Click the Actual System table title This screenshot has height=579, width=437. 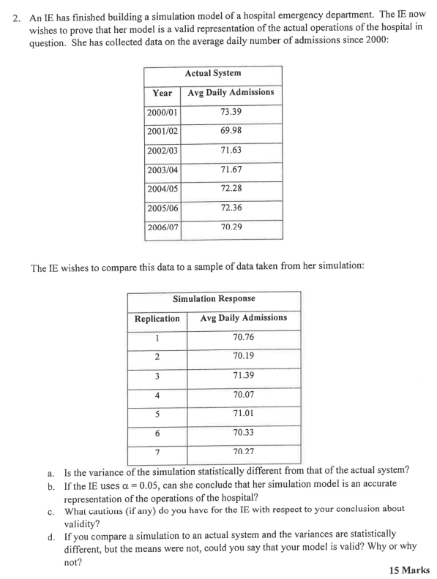tap(213, 73)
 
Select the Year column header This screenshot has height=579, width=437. tap(162, 93)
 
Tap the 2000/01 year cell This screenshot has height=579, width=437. tap(162, 112)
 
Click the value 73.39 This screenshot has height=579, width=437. tap(231, 112)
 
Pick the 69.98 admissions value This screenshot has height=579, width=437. tap(231, 131)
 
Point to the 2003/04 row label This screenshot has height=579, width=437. tap(162, 170)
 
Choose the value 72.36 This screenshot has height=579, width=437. tap(231, 208)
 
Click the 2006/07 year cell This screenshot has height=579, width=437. tap(162, 227)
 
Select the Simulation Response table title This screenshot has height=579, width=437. tap(214, 299)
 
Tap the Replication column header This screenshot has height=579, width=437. tap(157, 319)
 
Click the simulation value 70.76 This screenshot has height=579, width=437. tap(243, 337)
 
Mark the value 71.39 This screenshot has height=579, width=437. tap(243, 375)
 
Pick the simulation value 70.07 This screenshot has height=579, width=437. tap(243, 395)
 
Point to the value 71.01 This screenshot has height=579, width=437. tap(243, 414)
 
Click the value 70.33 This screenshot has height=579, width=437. tap(243, 433)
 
